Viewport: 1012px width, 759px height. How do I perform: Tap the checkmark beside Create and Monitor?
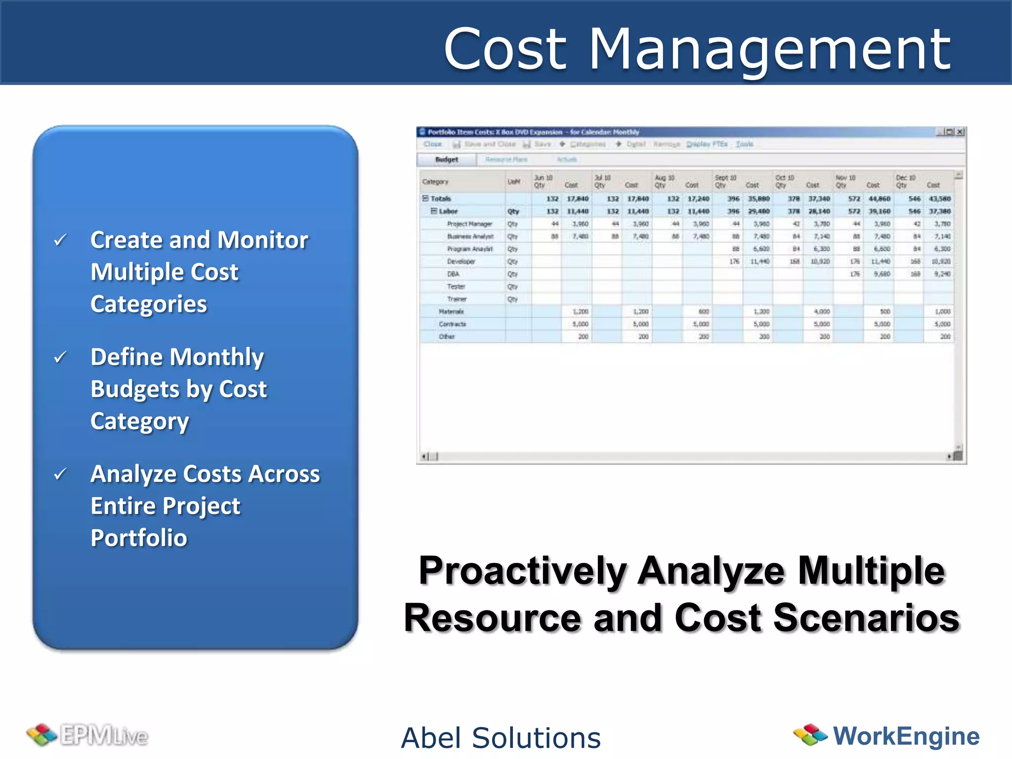[x=60, y=241]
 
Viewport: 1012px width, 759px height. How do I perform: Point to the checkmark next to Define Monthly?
[x=60, y=357]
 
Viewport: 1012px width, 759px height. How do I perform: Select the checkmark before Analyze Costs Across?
[x=60, y=474]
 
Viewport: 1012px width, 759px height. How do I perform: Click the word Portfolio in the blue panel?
[x=139, y=538]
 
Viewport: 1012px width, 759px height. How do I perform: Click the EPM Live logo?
[x=88, y=736]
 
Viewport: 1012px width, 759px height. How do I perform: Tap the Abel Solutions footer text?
[x=501, y=738]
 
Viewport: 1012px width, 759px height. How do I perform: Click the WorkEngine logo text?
[x=906, y=736]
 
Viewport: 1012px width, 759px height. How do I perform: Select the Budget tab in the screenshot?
[x=447, y=160]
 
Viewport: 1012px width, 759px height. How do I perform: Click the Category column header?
[x=435, y=182]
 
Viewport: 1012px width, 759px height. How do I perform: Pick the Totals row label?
[x=440, y=199]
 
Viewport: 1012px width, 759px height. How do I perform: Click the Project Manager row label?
[x=469, y=224]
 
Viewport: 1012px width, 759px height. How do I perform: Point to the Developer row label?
[x=461, y=261]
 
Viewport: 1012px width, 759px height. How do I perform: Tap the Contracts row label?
[x=452, y=324]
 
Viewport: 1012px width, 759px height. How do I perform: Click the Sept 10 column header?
[x=725, y=178]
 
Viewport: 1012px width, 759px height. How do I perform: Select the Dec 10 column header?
[x=906, y=178]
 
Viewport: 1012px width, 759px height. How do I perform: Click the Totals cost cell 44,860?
[x=879, y=199]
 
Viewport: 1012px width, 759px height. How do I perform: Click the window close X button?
[x=960, y=132]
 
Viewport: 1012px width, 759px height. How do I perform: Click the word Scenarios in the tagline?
[x=866, y=618]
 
